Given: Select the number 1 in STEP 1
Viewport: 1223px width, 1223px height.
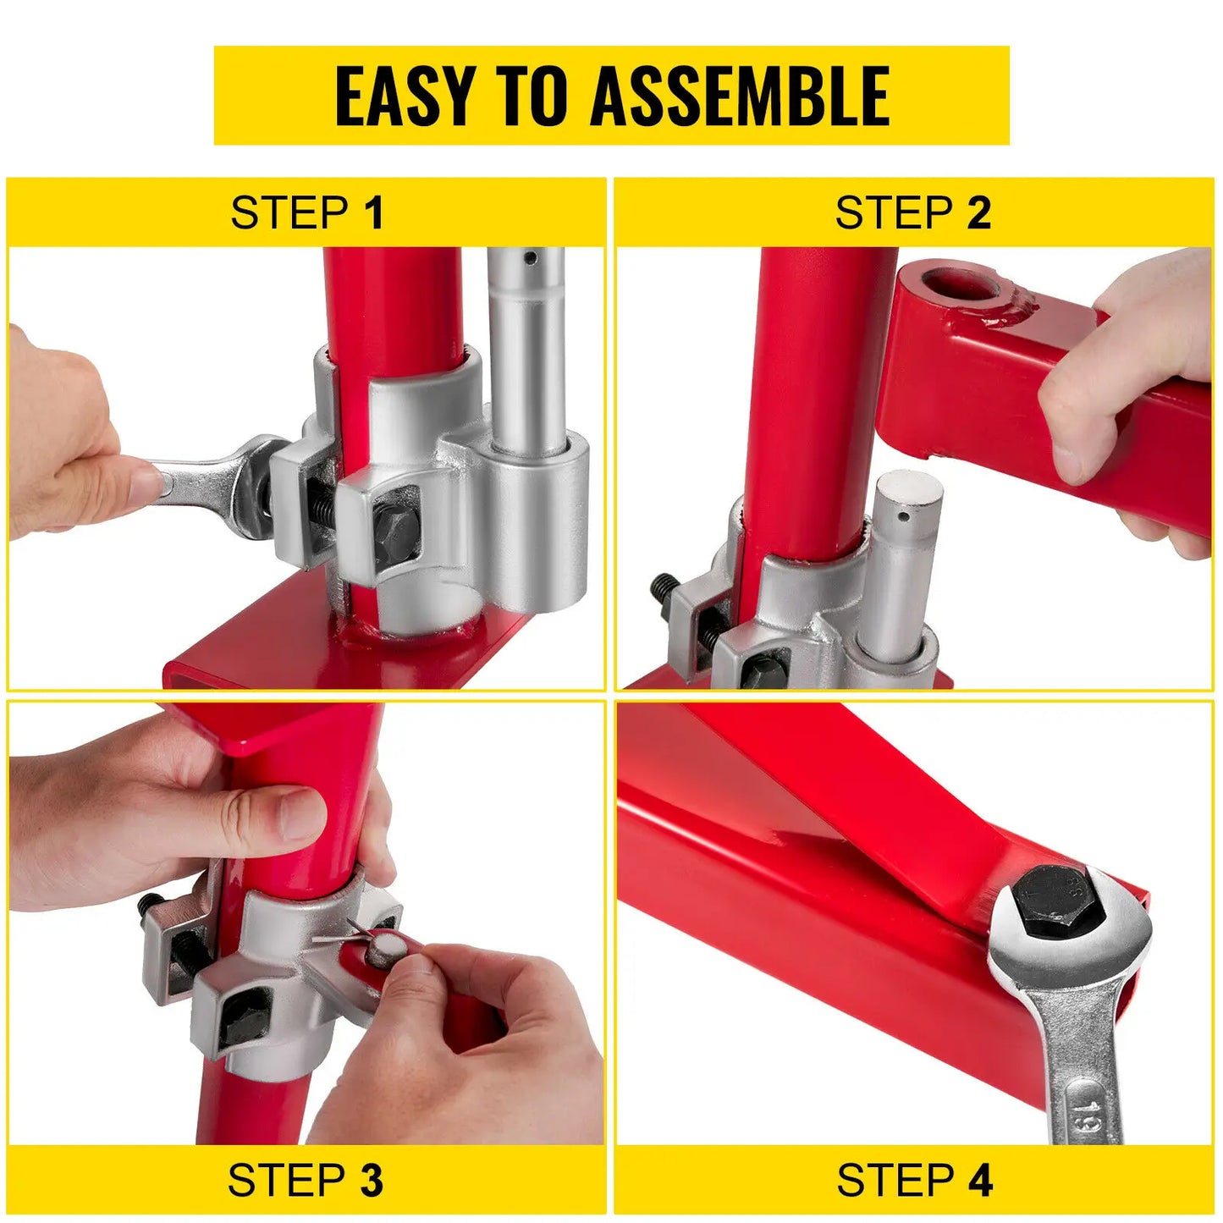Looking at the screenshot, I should point(374,213).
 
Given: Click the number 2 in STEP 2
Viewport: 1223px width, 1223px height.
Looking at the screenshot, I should point(979,213).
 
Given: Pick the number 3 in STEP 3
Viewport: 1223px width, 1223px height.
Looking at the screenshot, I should point(372,1181).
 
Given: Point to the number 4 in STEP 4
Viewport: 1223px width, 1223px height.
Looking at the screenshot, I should point(981,1181).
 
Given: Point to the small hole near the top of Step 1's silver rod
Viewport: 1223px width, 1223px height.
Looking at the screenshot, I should point(530,256).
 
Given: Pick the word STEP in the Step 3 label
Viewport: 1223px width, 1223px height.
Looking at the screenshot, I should point(286,1181).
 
